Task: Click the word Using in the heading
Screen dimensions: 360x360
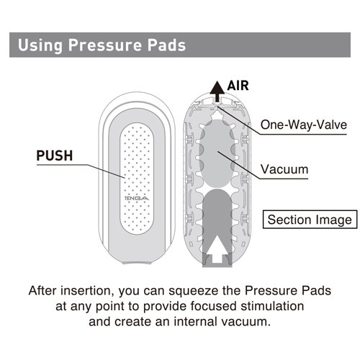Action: point(40,45)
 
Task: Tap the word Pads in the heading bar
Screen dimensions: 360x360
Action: point(166,45)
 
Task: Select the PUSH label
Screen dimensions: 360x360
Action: point(55,156)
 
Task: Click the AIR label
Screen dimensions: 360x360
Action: point(238,86)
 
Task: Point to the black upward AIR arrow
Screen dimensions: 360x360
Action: point(217,91)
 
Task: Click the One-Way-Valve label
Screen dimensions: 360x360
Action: point(304,125)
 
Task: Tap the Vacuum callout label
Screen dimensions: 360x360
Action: point(284,169)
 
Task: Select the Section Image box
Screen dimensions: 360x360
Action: point(310,220)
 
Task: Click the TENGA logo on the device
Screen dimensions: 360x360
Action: point(136,198)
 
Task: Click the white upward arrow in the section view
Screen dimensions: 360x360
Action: point(217,249)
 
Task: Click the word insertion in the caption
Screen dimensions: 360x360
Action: point(87,290)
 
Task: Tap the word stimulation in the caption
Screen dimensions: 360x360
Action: point(272,306)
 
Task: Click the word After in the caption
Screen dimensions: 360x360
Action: point(42,290)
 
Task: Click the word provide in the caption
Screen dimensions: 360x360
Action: point(165,307)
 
